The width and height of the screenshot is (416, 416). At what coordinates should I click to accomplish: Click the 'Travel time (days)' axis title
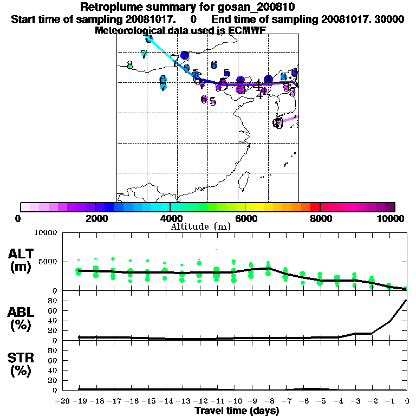tap(237, 411)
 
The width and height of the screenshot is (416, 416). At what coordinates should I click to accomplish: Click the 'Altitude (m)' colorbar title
tap(200, 226)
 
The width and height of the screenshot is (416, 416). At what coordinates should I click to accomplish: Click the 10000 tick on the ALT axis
tap(45, 233)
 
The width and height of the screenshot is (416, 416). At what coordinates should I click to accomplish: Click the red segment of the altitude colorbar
tap(315, 207)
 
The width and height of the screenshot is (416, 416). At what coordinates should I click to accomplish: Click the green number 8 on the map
tap(129, 65)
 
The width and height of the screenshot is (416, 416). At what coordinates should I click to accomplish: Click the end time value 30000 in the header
tap(391, 19)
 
